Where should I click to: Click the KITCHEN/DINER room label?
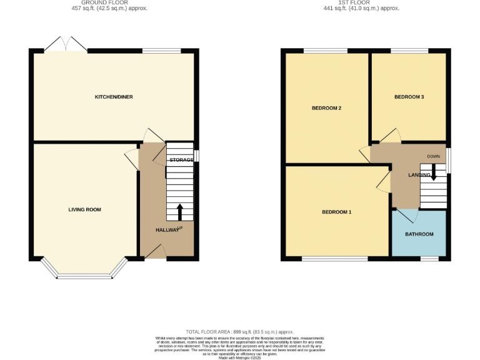point(113,97)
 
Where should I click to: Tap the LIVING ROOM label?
point(84,209)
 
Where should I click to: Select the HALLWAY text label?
point(166,230)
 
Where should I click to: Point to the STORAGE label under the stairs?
point(181,160)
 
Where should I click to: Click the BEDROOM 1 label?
point(336,212)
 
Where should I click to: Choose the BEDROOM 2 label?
point(326,108)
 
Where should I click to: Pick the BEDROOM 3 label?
point(409,97)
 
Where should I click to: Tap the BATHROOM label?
point(419,234)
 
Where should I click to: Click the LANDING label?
point(419,174)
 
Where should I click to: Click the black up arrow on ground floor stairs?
point(180,212)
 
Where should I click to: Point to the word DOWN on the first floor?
point(434,156)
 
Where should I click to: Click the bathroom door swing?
point(407,215)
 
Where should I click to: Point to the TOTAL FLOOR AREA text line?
point(239,332)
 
